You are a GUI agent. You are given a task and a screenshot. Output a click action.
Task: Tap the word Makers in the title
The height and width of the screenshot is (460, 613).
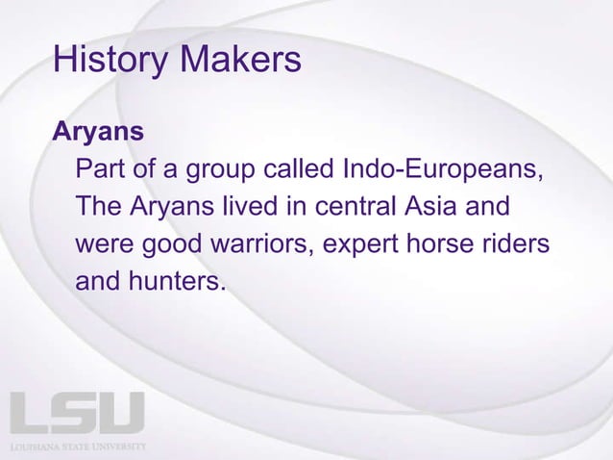(x=239, y=60)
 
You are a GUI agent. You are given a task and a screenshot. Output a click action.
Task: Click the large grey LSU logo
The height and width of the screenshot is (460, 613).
(x=77, y=413)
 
